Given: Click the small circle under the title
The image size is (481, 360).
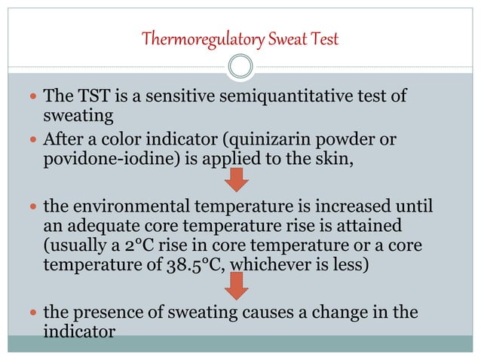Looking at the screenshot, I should click(240, 67).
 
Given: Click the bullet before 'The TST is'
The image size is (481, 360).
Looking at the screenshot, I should click(32, 98).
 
